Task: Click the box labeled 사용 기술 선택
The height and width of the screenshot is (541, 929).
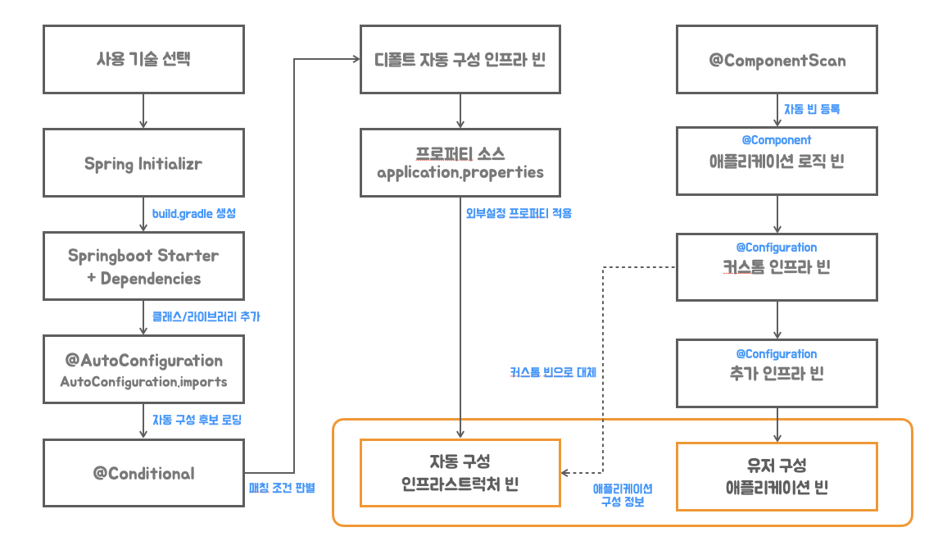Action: [x=143, y=59]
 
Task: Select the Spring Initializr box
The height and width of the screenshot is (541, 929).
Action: [x=143, y=163]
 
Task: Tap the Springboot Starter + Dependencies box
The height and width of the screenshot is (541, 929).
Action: [x=143, y=266]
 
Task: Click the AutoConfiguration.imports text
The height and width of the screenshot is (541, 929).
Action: [x=143, y=382]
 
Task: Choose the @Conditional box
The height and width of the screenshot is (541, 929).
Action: [x=143, y=473]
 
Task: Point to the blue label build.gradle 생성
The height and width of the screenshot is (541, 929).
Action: [x=193, y=213]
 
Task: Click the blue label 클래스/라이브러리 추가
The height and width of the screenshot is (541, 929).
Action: [x=206, y=316]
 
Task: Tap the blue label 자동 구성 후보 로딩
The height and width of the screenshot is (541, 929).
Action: [x=197, y=420]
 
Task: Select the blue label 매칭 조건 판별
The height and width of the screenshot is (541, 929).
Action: [x=282, y=488]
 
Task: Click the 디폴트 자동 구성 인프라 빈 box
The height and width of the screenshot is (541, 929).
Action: [x=460, y=59]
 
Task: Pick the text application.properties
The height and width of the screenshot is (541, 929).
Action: [x=460, y=172]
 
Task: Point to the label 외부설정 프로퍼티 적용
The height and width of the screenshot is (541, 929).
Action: [x=519, y=213]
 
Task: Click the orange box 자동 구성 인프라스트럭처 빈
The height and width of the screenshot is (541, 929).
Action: [x=460, y=473]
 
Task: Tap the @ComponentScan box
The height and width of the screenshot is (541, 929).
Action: [x=777, y=59]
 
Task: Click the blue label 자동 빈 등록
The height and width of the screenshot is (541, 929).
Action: [x=812, y=109]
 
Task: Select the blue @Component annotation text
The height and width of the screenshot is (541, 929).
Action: [x=776, y=140]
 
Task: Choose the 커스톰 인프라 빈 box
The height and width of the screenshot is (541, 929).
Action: [x=777, y=267]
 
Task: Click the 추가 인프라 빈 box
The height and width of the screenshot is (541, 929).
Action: [x=777, y=373]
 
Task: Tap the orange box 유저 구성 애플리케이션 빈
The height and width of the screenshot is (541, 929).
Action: [x=777, y=476]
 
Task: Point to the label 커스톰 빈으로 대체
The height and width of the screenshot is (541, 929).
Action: [x=553, y=372]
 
